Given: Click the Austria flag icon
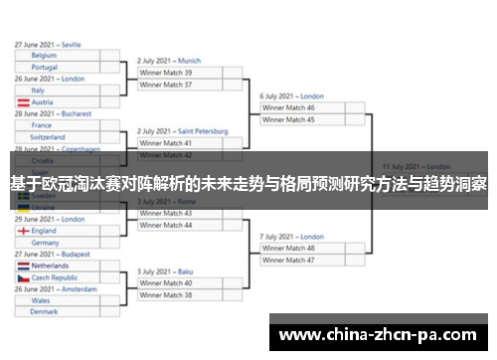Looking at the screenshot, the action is pos(23,102).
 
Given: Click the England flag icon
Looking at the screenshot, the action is pos(23,231).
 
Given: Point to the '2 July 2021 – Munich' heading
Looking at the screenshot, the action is pos(169,61).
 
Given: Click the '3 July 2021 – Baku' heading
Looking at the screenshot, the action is pos(165,270).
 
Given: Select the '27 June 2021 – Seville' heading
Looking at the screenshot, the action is pos(49,45).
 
